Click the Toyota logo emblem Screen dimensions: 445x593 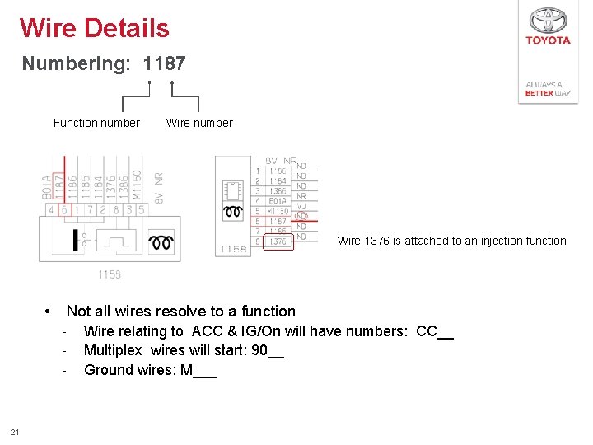(548, 21)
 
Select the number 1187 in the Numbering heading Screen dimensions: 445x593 (165, 63)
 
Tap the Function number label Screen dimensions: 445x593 (96, 123)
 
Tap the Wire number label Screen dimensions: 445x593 (199, 123)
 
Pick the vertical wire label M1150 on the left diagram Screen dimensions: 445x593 (137, 186)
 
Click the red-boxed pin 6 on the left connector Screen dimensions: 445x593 (64, 210)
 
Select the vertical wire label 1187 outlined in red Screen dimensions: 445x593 (59, 185)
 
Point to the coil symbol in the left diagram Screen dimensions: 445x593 (160, 242)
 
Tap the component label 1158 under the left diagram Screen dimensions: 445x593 (110, 274)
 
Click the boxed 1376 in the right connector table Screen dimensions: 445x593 (278, 242)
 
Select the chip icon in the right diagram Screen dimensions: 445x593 (232, 190)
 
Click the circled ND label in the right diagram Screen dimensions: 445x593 (301, 216)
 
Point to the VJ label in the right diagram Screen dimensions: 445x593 (301, 206)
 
